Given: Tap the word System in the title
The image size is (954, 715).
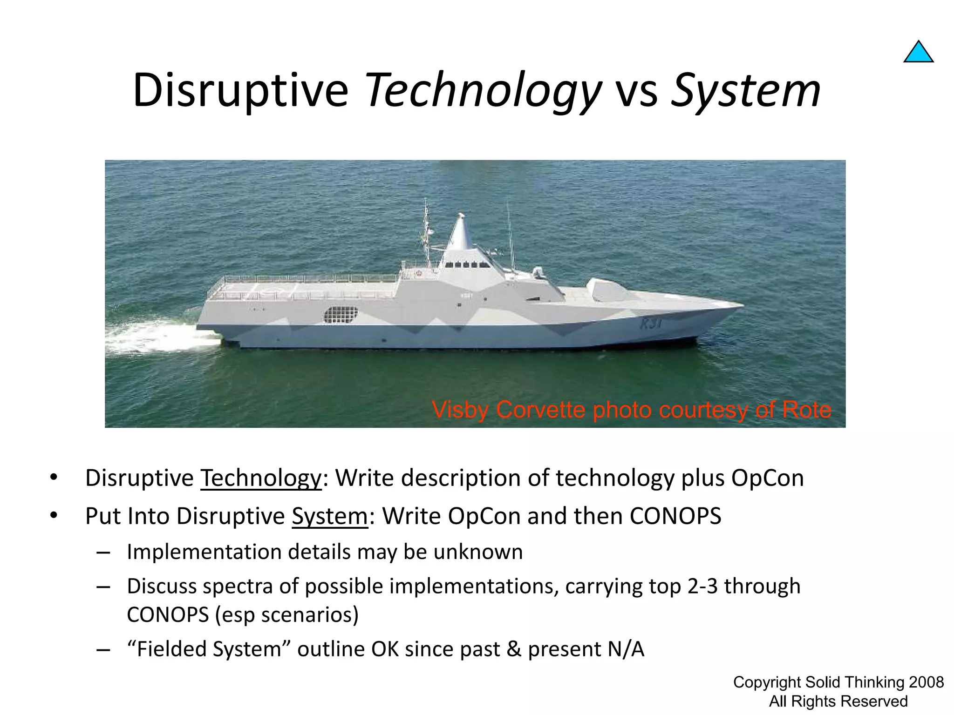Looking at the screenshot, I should point(745,91).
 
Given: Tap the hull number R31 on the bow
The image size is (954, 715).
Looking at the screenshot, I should point(650,323).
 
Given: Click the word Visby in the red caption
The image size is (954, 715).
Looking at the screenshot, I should point(461,410).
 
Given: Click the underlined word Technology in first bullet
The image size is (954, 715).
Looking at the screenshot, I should point(261,479).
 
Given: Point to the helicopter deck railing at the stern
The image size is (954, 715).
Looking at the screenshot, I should point(303,279).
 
